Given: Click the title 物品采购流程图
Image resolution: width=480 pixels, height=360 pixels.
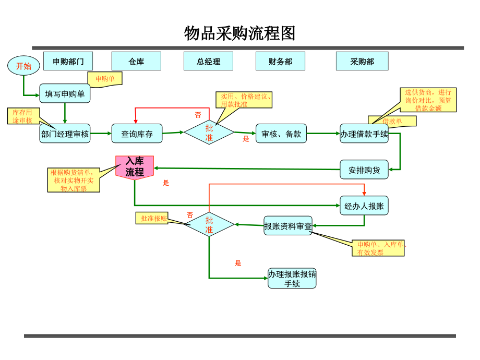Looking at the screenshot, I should pos(240,33).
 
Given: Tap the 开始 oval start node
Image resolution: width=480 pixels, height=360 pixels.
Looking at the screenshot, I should pos(23,66).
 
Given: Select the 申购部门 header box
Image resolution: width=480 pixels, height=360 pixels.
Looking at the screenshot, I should pos(68,61).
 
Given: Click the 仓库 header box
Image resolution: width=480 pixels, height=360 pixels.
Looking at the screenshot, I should pos(136,61).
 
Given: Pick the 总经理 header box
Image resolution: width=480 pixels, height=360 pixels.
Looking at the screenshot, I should pos(208,61).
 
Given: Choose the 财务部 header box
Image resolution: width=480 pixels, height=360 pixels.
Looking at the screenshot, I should pos(280,61).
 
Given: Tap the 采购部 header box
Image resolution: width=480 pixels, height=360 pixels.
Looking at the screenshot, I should pos(362,61).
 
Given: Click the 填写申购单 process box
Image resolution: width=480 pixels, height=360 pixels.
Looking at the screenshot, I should pos(65,94).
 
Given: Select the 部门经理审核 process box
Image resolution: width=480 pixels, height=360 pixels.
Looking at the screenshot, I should pos(65,134).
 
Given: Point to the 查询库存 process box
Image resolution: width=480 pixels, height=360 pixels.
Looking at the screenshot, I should pos(137,134).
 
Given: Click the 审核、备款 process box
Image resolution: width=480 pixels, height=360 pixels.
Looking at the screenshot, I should pos(281,134).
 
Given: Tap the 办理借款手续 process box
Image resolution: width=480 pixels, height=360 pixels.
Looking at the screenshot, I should pos(364,134).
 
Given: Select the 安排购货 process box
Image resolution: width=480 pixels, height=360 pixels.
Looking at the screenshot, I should pos(364,170).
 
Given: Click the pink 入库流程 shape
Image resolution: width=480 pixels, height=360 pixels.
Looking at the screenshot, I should pos(135,167).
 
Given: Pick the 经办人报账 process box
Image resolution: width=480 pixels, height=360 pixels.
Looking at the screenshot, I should pos(364,206).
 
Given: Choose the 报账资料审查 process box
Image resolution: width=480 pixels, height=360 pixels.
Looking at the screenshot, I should pos(287,226).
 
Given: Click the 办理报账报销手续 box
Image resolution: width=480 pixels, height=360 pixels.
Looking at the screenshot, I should pos(292,279).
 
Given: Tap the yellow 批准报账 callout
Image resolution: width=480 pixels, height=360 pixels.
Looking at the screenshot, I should pos(153,218).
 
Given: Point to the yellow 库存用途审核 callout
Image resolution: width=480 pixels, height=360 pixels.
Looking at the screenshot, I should pos(22,116).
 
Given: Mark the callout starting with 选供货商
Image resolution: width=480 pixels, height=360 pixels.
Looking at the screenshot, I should pos(428,100).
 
